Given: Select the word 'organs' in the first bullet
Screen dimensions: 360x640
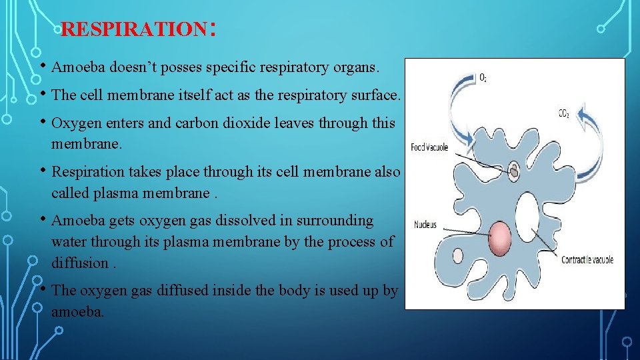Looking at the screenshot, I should (357, 67).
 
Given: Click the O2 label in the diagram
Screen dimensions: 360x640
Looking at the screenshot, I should (483, 78).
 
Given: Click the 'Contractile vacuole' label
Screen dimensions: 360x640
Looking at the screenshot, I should (587, 260).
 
